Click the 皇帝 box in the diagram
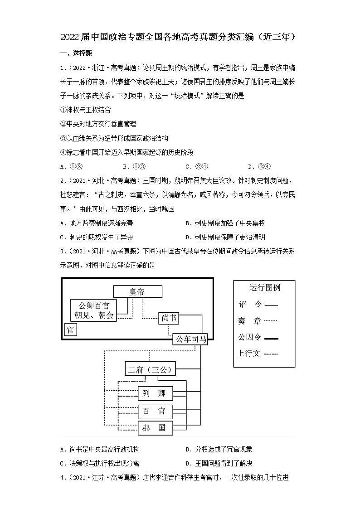137,292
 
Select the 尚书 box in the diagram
169,318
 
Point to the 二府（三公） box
151,370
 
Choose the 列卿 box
155,393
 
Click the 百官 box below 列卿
155,412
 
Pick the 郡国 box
155,427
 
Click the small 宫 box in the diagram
70,330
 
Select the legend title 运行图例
264,287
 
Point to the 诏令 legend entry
257,305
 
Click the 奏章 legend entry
257,321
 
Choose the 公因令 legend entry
257,337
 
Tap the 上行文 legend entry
257,353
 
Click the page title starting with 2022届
180,37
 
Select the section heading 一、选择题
76,53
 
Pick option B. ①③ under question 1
134,165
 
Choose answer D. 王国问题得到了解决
219,463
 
